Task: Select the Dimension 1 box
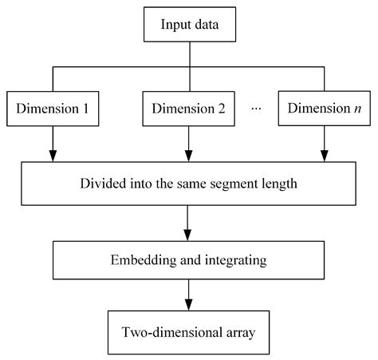[53, 109]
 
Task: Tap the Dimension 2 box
[188, 109]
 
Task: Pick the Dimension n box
[324, 109]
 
